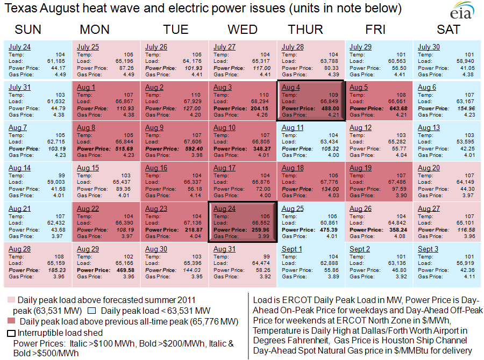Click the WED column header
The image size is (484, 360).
click(243, 29)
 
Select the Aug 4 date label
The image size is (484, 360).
click(291, 88)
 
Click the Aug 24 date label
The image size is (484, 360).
click(224, 208)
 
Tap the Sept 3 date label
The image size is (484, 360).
click(428, 249)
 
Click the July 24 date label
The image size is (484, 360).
click(19, 47)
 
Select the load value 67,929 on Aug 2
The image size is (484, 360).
click(192, 102)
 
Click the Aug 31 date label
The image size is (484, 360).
click(224, 249)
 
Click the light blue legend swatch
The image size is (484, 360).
click(92, 311)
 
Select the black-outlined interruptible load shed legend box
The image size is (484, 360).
click(11, 333)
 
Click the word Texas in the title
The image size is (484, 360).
click(20, 9)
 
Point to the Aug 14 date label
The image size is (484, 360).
click(19, 168)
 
